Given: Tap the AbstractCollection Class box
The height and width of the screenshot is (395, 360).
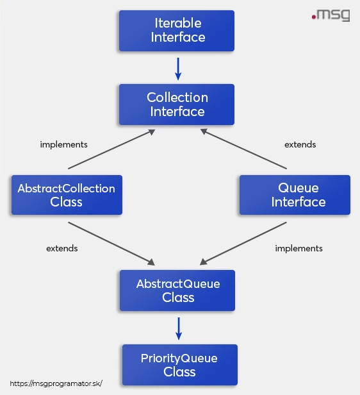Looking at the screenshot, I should point(67,195).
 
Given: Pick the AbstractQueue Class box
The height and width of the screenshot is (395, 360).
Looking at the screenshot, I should point(177,290).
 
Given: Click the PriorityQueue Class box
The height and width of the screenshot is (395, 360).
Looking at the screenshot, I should point(179,365).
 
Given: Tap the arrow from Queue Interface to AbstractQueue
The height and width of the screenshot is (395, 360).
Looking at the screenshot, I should point(243,243).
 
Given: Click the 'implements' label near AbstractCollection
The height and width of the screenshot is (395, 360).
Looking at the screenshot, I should point(63,144).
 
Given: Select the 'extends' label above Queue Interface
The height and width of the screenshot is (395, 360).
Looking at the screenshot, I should point(300,144).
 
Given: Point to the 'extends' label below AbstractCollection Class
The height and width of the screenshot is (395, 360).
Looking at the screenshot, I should point(62,248).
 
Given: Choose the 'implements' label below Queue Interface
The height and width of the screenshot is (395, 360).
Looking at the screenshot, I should point(299,248).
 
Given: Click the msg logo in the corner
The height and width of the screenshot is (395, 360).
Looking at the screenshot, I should point(331,15).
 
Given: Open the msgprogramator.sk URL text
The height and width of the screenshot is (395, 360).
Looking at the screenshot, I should point(56,383).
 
